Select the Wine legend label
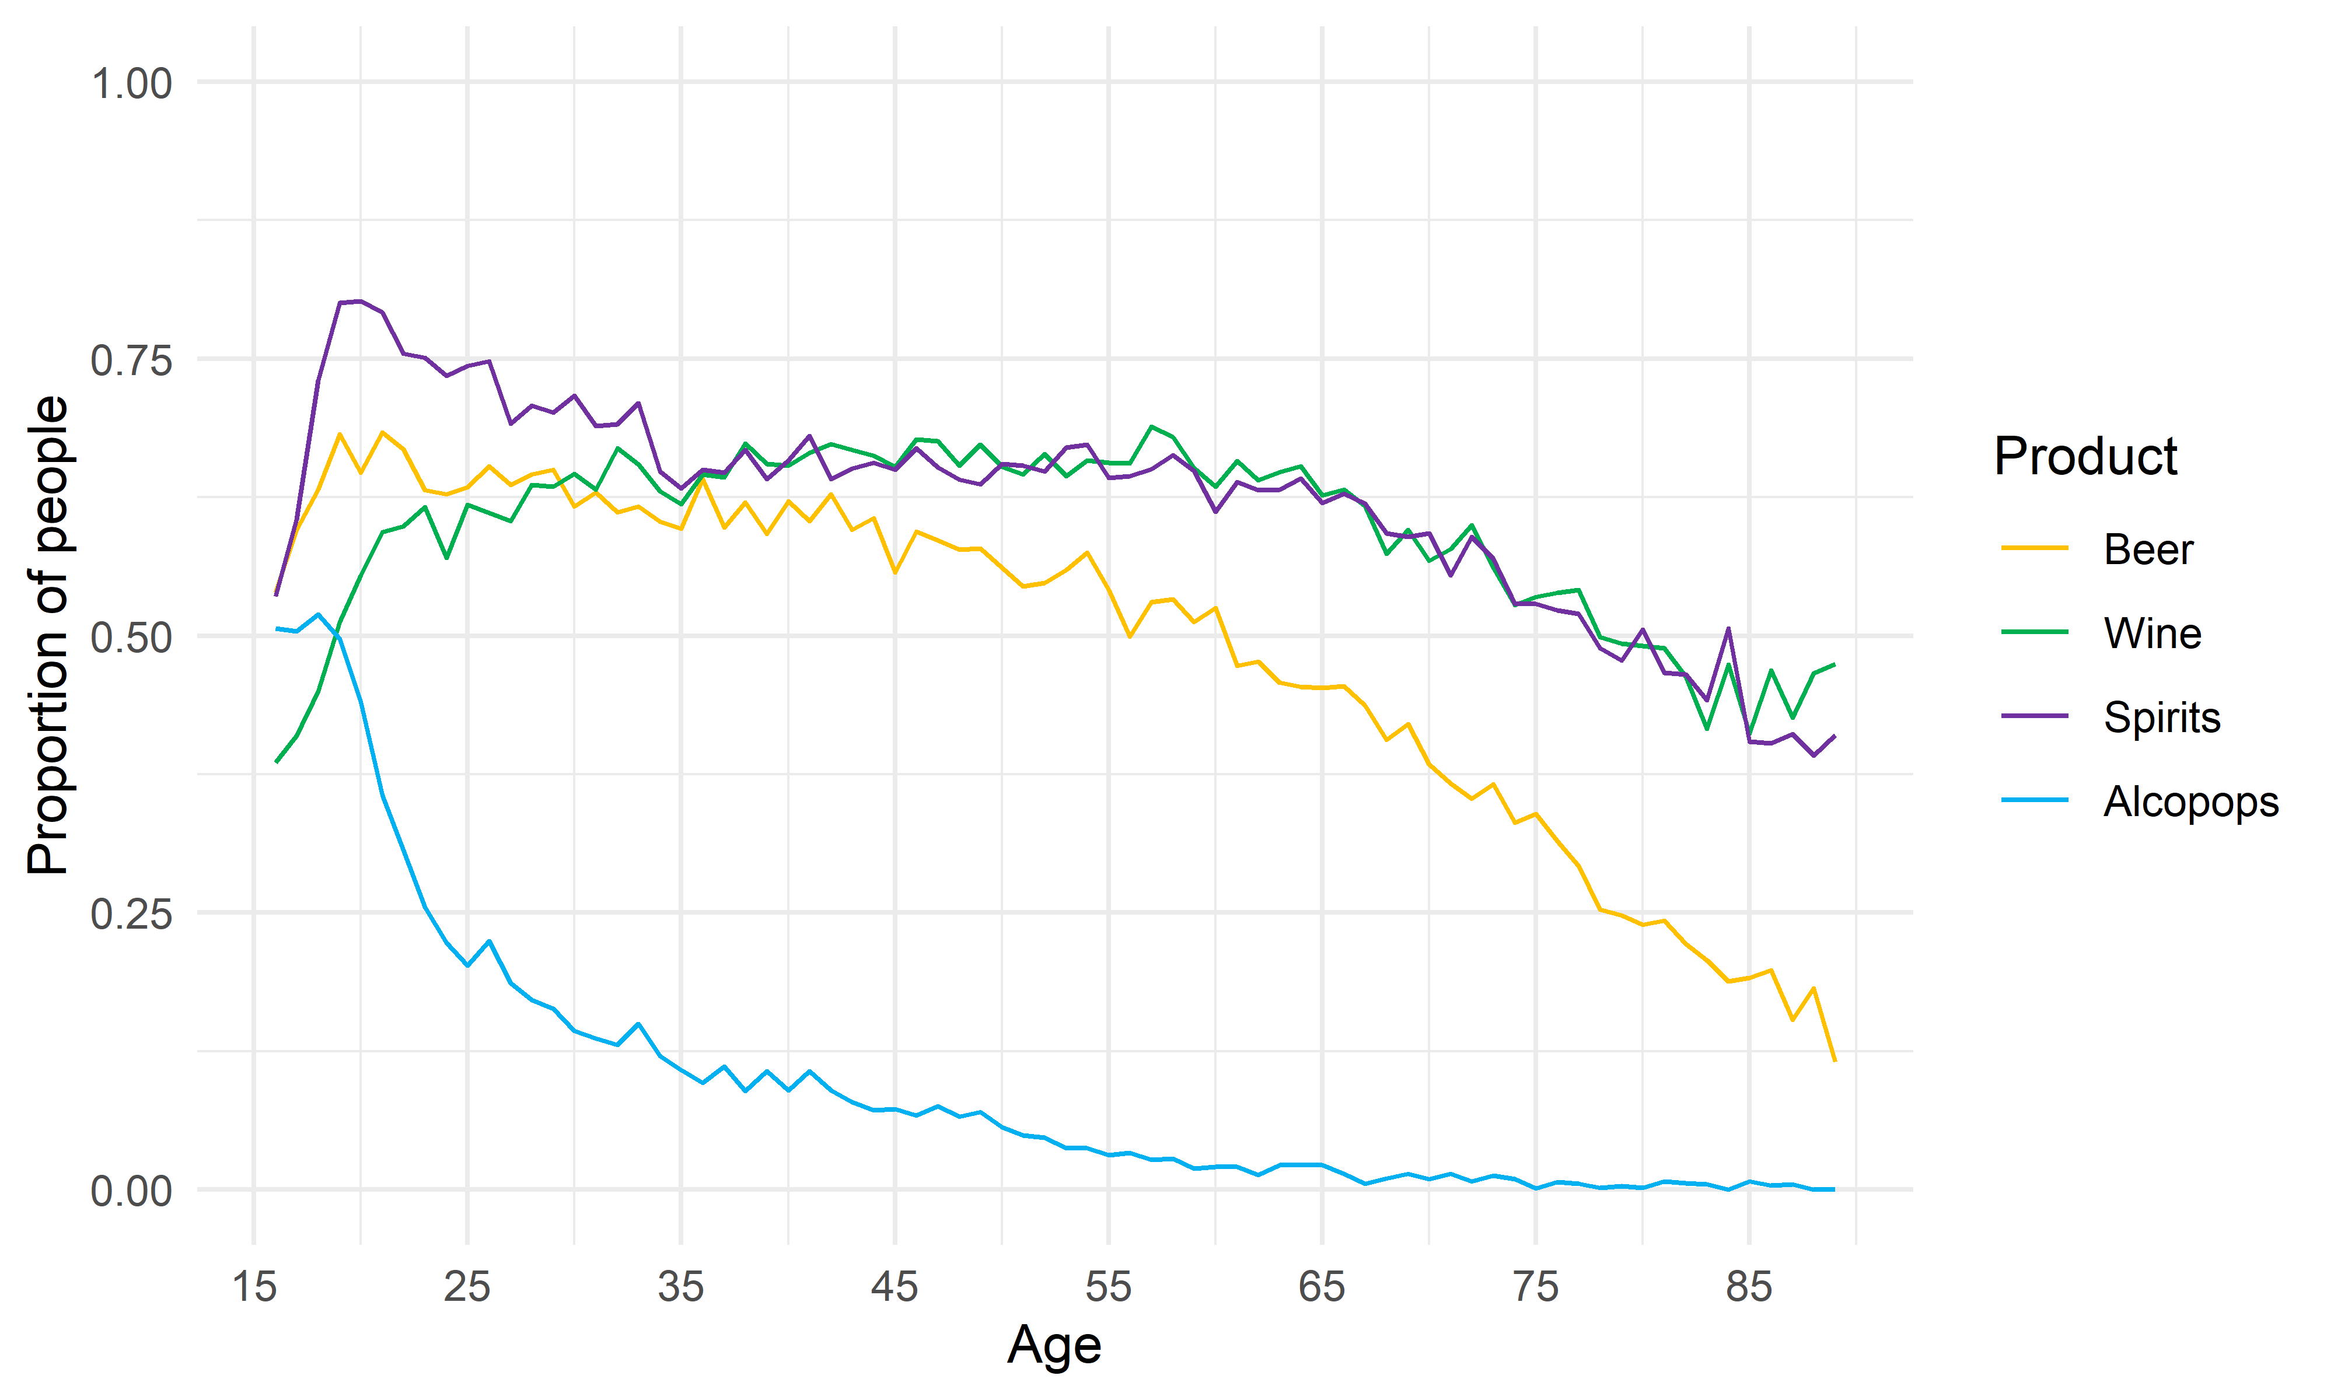[x=2152, y=633]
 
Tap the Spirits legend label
[x=2161, y=717]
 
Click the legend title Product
[x=2085, y=457]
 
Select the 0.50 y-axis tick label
[x=131, y=637]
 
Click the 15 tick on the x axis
[x=254, y=1287]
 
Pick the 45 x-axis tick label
[x=895, y=1287]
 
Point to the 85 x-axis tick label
[x=1749, y=1287]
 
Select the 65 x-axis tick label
[x=1322, y=1287]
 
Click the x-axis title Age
[x=1054, y=1345]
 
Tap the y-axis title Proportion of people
[x=49, y=635]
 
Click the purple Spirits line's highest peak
[x=361, y=301]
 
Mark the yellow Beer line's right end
[x=1834, y=1060]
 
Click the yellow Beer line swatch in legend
[x=2034, y=548]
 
